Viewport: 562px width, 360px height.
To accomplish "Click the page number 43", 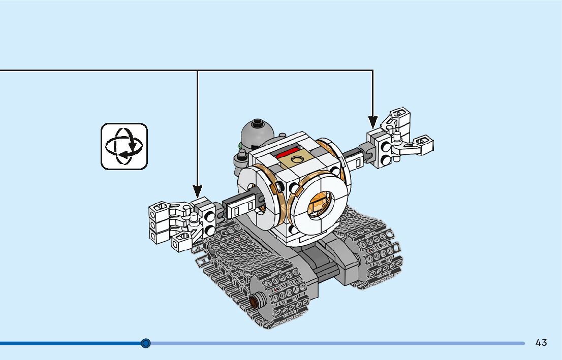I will [x=541, y=343].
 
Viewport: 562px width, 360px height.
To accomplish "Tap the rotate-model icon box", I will [x=124, y=146].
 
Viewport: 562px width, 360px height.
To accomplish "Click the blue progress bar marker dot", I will [x=146, y=343].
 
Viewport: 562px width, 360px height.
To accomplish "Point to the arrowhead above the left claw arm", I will [x=197, y=191].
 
